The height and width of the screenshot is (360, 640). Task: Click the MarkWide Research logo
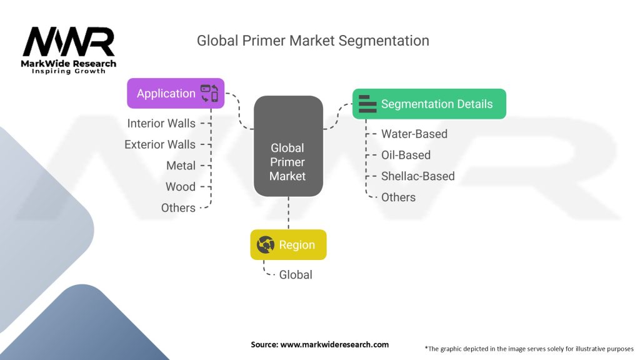(69, 50)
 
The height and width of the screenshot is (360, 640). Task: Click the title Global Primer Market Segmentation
(312, 41)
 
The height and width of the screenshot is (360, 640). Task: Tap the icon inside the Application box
(209, 94)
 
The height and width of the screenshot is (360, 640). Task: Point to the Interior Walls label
(161, 124)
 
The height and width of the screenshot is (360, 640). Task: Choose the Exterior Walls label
(160, 145)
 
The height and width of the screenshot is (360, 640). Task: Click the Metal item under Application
(181, 166)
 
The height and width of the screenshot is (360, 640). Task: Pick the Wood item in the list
(180, 187)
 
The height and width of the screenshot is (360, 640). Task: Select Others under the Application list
(178, 208)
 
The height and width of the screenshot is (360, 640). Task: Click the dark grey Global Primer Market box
(287, 146)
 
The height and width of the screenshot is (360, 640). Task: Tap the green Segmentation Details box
(429, 104)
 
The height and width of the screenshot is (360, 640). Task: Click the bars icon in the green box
(367, 104)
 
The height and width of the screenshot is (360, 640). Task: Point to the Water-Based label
(414, 134)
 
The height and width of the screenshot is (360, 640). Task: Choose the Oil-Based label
(406, 155)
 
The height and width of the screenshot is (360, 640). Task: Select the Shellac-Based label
(417, 176)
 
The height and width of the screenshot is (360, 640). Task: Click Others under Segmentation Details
(398, 197)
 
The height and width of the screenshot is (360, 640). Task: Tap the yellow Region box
(288, 245)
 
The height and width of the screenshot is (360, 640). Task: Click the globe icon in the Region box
(266, 245)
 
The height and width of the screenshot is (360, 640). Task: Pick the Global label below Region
(296, 275)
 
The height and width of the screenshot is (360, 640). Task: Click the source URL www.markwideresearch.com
(319, 344)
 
